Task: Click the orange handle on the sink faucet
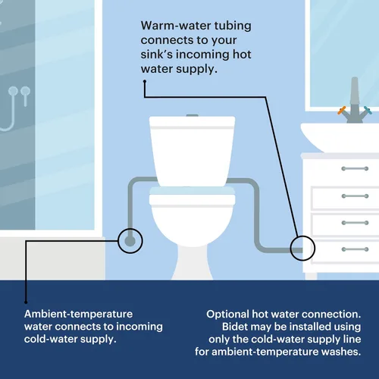pyautogui.click(x=342, y=111)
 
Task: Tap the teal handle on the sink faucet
pyautogui.click(x=368, y=111)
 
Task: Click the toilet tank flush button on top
pyautogui.click(x=193, y=115)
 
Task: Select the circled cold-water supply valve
pyautogui.click(x=130, y=241)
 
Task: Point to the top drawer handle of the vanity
pyautogui.click(x=355, y=168)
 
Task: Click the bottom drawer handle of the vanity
pyautogui.click(x=355, y=249)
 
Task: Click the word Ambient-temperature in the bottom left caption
pyautogui.click(x=78, y=314)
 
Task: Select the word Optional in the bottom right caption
pyautogui.click(x=227, y=315)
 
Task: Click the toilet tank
pyautogui.click(x=193, y=151)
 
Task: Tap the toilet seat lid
pyautogui.click(x=193, y=196)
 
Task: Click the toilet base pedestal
pyautogui.click(x=193, y=263)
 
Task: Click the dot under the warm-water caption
pyautogui.click(x=145, y=81)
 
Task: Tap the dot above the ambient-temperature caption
pyautogui.click(x=26, y=302)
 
